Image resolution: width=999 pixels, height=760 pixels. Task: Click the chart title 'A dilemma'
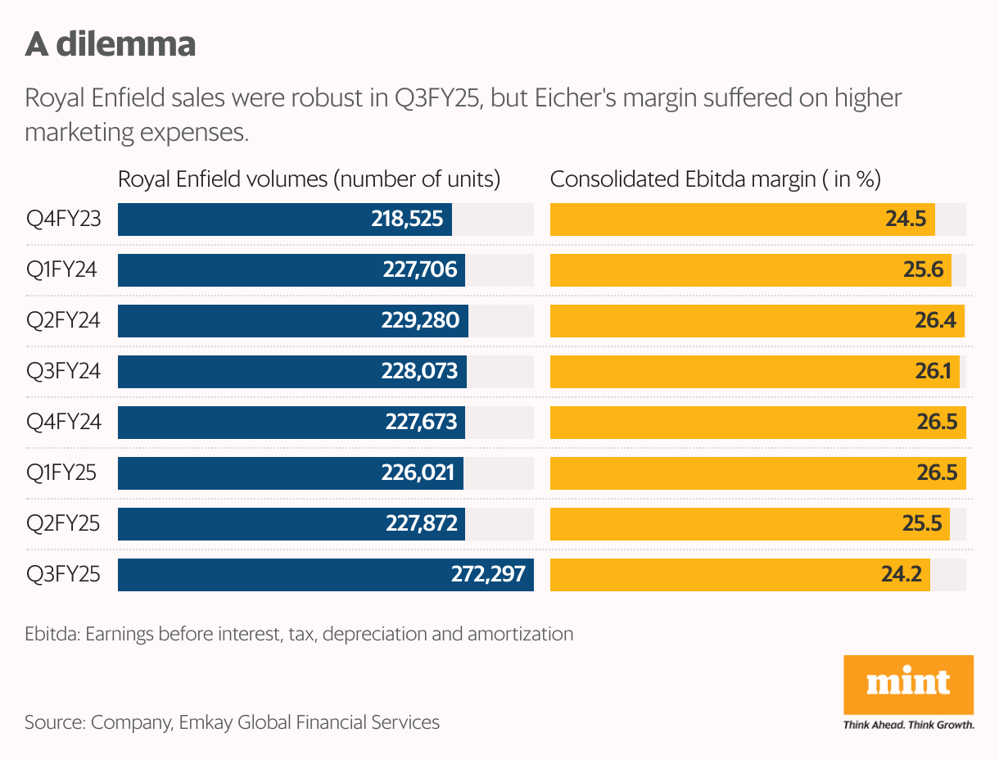[x=111, y=44]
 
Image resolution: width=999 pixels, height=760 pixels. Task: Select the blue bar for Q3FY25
[x=325, y=574]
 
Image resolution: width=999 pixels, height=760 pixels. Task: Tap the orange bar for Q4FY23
[x=742, y=219]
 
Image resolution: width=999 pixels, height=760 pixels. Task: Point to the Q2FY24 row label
[x=64, y=321]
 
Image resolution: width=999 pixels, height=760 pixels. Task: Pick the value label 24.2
[x=901, y=574]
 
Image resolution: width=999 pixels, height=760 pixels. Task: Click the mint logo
[x=908, y=684]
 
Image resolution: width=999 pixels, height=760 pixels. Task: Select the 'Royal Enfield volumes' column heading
[x=309, y=180]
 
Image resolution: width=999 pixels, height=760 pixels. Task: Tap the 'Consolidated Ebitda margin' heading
[x=715, y=180]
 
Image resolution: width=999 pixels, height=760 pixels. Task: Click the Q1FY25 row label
[x=61, y=473]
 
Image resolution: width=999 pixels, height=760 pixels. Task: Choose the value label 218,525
[x=407, y=219]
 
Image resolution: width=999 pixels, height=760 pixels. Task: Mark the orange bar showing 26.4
[x=757, y=321]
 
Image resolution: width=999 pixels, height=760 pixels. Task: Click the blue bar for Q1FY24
[x=291, y=270]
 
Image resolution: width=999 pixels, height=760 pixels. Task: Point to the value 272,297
[x=488, y=574]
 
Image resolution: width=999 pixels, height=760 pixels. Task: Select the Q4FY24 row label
[x=64, y=423]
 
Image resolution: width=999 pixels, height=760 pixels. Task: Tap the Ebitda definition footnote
[x=299, y=633]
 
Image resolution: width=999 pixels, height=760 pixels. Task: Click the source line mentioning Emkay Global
[x=232, y=722]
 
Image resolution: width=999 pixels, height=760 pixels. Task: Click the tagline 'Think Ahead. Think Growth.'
[x=908, y=725]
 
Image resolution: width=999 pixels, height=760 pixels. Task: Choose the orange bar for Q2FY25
[x=749, y=524]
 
